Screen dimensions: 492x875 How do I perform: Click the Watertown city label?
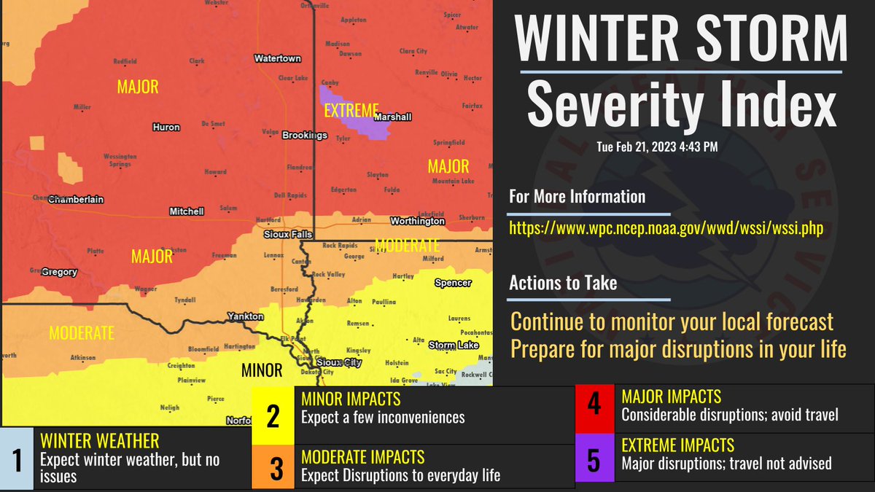pyautogui.click(x=276, y=58)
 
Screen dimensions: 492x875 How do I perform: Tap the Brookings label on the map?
pyautogui.click(x=305, y=136)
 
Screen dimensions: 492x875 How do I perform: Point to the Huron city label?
pyautogui.click(x=166, y=128)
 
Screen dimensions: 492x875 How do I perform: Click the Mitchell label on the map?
pyautogui.click(x=187, y=211)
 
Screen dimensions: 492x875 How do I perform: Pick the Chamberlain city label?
pyautogui.click(x=76, y=199)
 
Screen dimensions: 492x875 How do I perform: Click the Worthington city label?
pyautogui.click(x=417, y=221)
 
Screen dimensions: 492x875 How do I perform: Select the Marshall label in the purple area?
pyautogui.click(x=392, y=117)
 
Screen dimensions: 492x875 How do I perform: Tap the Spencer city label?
pyautogui.click(x=452, y=283)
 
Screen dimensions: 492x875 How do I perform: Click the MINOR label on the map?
pyautogui.click(x=262, y=371)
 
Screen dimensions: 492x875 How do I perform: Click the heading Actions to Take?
pyautogui.click(x=563, y=283)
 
